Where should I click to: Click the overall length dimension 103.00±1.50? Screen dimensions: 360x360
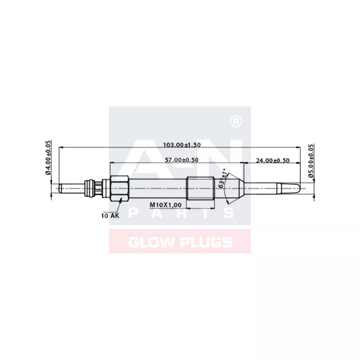[181, 145]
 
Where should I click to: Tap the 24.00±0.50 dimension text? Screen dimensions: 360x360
[272, 160]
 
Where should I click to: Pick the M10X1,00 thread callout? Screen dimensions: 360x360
[165, 205]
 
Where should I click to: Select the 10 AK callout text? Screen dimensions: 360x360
[110, 216]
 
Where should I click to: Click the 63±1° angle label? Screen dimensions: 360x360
[223, 180]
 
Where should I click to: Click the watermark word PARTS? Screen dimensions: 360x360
[180, 213]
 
